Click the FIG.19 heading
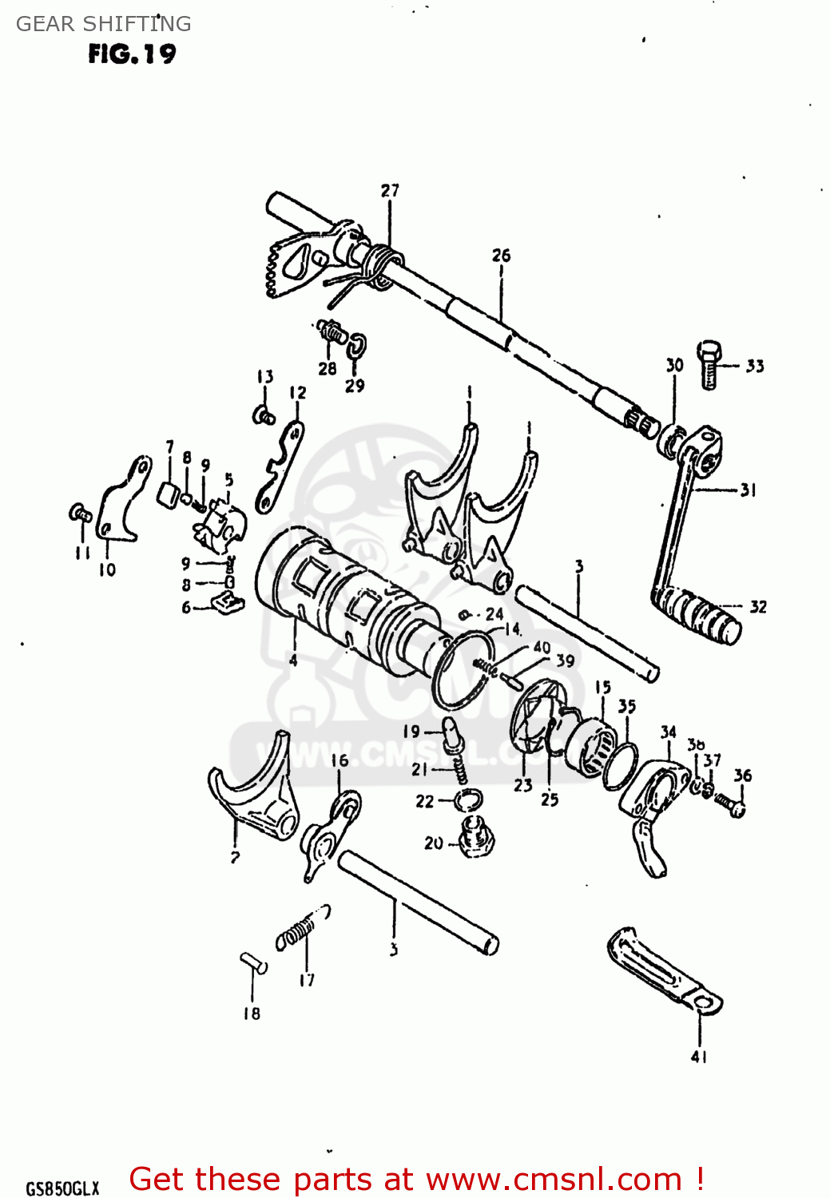pyautogui.click(x=132, y=54)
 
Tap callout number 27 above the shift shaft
pyautogui.click(x=390, y=190)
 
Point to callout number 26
pyautogui.click(x=501, y=256)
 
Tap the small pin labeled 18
pyautogui.click(x=253, y=962)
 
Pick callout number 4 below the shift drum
pyautogui.click(x=294, y=660)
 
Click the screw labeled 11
pyautogui.click(x=80, y=513)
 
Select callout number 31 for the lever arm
pyautogui.click(x=748, y=490)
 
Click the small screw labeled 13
pyautogui.click(x=264, y=414)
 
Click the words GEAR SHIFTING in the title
pyautogui.click(x=104, y=24)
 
